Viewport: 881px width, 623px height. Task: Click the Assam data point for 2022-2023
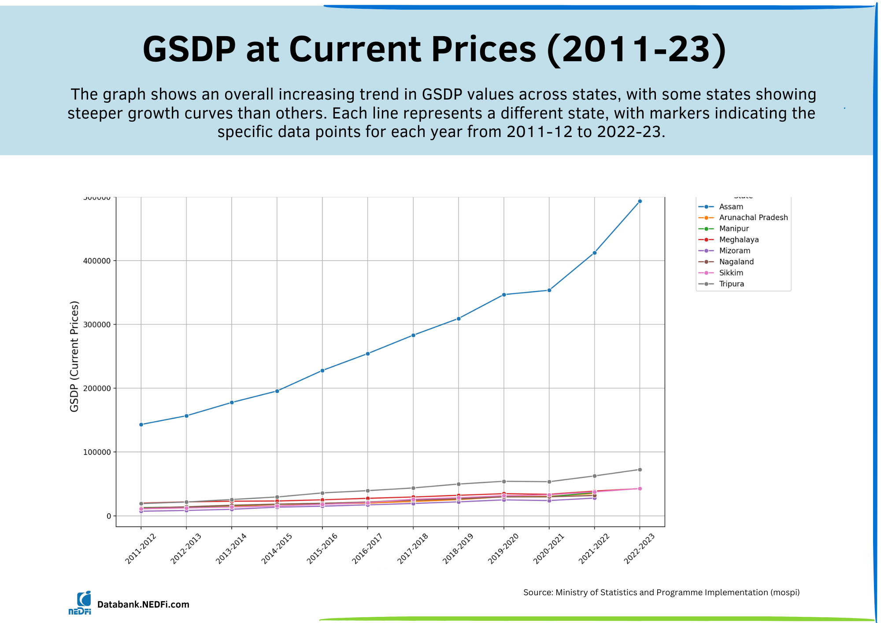[x=640, y=201]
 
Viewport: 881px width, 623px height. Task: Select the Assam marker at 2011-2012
[x=141, y=424]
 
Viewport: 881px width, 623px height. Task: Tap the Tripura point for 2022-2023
[x=640, y=470]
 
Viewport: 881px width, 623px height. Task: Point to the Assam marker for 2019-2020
[x=504, y=295]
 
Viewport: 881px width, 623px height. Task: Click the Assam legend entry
[x=731, y=207]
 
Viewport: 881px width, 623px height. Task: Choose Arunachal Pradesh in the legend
[x=753, y=218]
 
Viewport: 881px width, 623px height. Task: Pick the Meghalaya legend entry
[x=739, y=240]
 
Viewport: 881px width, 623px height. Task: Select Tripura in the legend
[x=731, y=284]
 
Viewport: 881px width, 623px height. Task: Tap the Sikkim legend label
[x=731, y=273]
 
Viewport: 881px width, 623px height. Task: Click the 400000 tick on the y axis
[x=97, y=261]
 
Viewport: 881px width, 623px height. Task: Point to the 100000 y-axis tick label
[x=97, y=452]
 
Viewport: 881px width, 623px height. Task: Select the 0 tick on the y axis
[x=108, y=516]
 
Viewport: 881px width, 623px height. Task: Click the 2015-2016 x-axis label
[x=322, y=548]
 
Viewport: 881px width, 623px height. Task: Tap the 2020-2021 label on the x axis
[x=548, y=548]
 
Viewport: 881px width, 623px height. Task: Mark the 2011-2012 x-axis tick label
[x=141, y=548]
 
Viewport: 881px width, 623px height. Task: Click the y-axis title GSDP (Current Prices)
[x=74, y=356]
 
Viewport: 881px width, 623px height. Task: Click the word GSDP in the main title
[x=189, y=49]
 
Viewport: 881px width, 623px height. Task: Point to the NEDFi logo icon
[x=80, y=603]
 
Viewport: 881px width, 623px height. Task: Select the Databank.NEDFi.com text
[x=143, y=604]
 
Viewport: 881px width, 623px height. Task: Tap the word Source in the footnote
[x=537, y=593]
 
